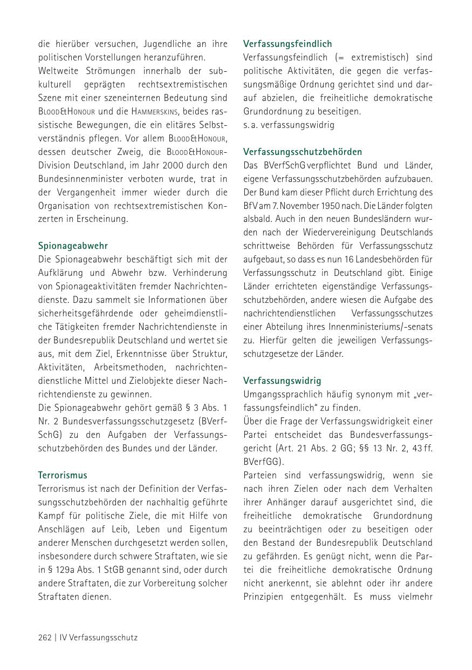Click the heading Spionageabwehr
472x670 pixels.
click(x=73, y=246)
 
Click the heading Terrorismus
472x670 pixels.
click(x=63, y=475)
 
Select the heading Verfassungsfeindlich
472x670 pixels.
click(x=288, y=44)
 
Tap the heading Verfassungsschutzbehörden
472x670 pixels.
click(x=303, y=152)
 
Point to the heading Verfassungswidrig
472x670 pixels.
click(x=282, y=381)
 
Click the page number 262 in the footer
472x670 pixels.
click(x=45, y=638)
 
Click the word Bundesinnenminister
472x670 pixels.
click(x=79, y=179)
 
